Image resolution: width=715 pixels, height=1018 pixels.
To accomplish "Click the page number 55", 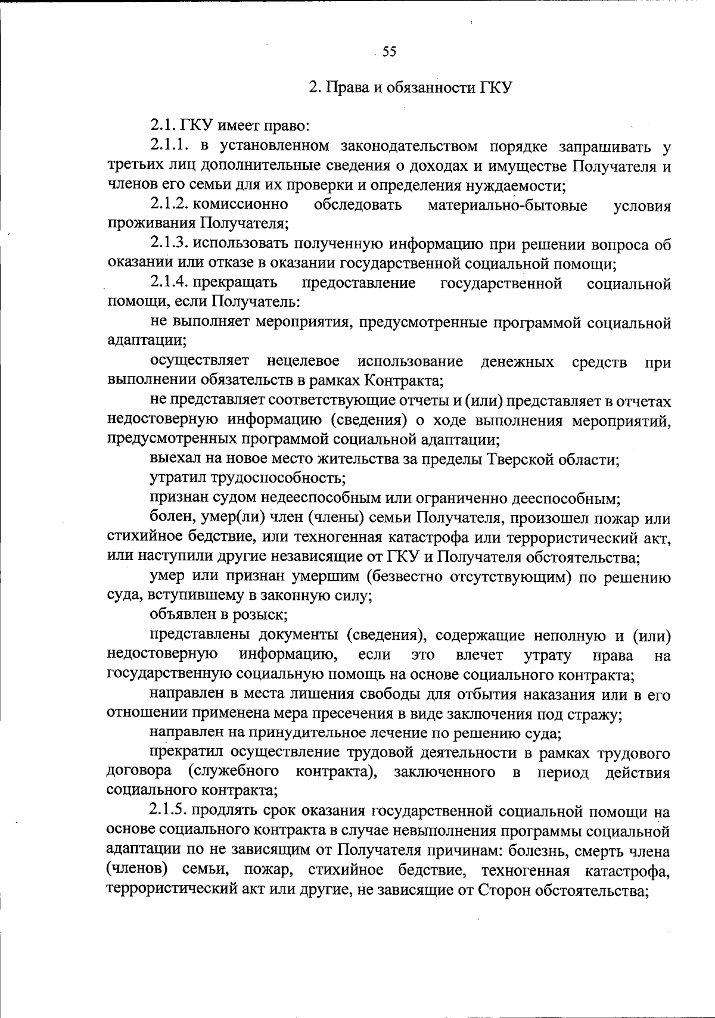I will [389, 52].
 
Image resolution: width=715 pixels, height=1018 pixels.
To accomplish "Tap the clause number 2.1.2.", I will [170, 205].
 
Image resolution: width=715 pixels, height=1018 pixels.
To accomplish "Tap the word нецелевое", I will [304, 362].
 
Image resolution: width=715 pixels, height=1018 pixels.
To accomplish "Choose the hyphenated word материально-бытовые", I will [508, 205].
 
